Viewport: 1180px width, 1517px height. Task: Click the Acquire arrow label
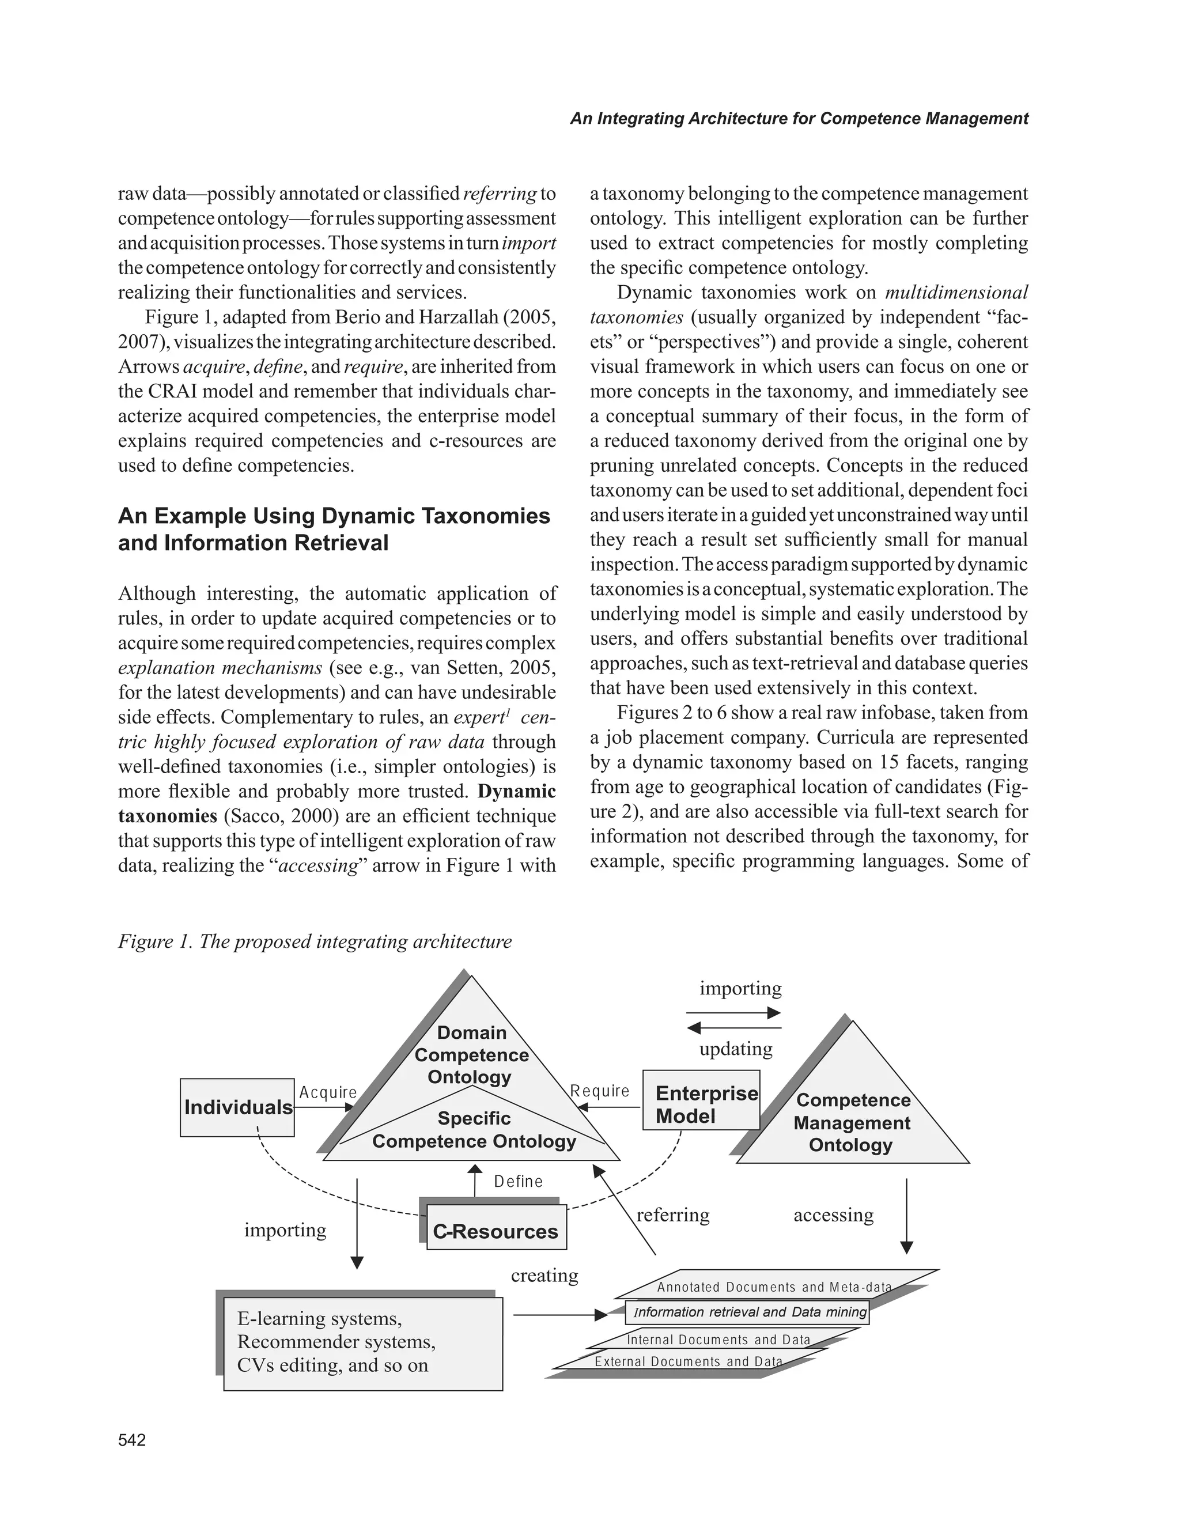(x=328, y=1092)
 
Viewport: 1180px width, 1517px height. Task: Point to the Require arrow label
(x=600, y=1091)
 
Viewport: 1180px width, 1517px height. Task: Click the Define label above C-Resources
(x=518, y=1181)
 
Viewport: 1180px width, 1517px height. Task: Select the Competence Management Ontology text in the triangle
(x=852, y=1122)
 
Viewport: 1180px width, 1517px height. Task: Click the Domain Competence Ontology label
(x=471, y=1054)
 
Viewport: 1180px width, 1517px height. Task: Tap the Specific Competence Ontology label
(x=474, y=1129)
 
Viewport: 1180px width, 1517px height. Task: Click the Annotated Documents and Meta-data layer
(x=774, y=1287)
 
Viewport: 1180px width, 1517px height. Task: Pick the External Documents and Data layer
(x=687, y=1361)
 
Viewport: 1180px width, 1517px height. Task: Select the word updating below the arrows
(x=736, y=1049)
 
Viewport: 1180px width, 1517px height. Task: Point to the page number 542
(x=132, y=1440)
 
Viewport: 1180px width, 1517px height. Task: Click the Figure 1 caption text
(x=315, y=941)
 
